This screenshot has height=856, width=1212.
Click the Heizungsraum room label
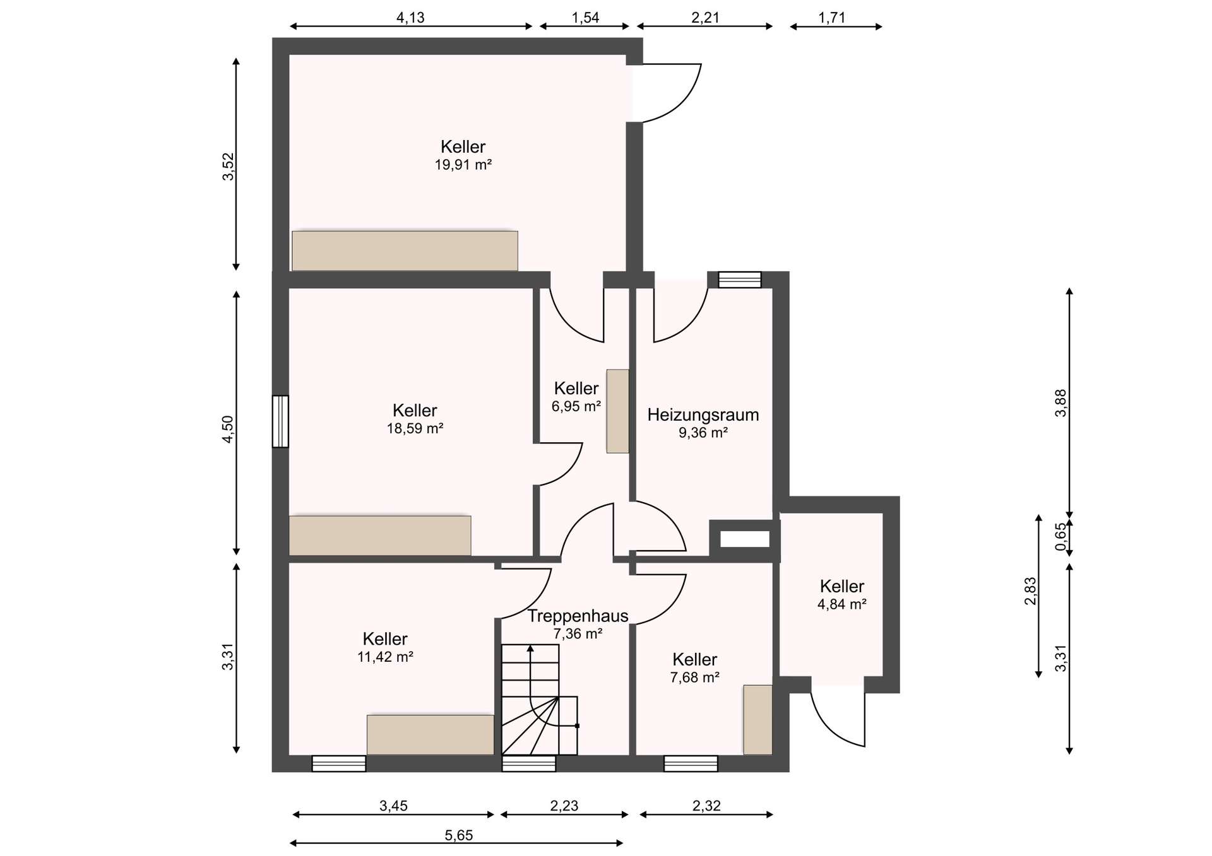[x=703, y=415]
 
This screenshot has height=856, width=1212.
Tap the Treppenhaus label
[x=578, y=616]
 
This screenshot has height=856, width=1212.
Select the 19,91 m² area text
[x=463, y=165]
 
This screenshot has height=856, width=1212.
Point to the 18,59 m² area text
[x=415, y=429]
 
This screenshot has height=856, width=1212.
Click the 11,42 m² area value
[x=385, y=657]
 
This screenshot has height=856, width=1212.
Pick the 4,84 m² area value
[x=841, y=604]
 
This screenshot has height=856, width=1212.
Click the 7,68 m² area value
[x=694, y=677]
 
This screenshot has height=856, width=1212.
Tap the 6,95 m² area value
[x=576, y=406]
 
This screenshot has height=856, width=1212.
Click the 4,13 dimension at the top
[x=410, y=18]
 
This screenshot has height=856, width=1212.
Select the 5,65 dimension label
[x=458, y=836]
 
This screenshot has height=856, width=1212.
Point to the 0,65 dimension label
[x=1060, y=537]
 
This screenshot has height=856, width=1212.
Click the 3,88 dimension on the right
[x=1060, y=402]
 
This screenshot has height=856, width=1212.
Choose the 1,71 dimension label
[x=831, y=18]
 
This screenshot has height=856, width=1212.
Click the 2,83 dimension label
[x=1030, y=591]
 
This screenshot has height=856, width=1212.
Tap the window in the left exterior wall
[x=280, y=421]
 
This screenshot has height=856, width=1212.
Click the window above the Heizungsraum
[x=740, y=279]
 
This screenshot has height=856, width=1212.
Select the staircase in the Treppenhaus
[x=540, y=699]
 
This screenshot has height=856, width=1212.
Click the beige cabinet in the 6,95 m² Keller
[x=617, y=411]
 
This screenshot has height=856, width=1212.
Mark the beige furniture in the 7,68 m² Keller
[x=757, y=720]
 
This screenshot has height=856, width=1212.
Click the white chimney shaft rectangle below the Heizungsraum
[x=745, y=539]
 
